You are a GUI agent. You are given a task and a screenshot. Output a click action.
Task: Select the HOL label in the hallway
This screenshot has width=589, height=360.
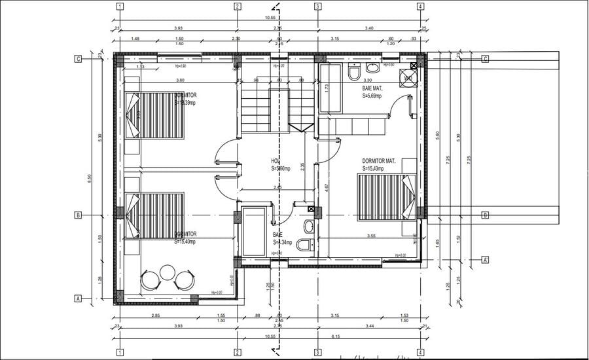coord(276,160)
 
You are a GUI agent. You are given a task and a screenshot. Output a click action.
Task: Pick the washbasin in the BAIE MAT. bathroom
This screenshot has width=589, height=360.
coord(372,67)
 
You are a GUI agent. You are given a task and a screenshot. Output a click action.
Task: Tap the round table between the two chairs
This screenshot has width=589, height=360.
coord(168,271)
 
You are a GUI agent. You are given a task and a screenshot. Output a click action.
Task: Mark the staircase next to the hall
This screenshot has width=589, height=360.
coord(270,109)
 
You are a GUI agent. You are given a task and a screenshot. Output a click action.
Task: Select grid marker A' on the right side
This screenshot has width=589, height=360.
coord(485,259)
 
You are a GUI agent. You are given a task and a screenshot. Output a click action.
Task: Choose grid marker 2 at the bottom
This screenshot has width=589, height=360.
coord(236,353)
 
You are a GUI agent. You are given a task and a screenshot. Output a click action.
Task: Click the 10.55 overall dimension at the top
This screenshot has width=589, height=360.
coord(269,18)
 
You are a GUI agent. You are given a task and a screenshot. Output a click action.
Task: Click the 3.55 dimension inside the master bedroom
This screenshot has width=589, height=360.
coord(371,235)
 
